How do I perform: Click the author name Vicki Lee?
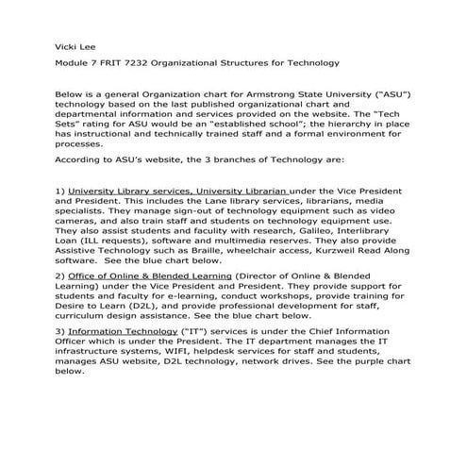pyautogui.click(x=72, y=43)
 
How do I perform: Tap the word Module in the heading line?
pyautogui.click(x=74, y=63)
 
